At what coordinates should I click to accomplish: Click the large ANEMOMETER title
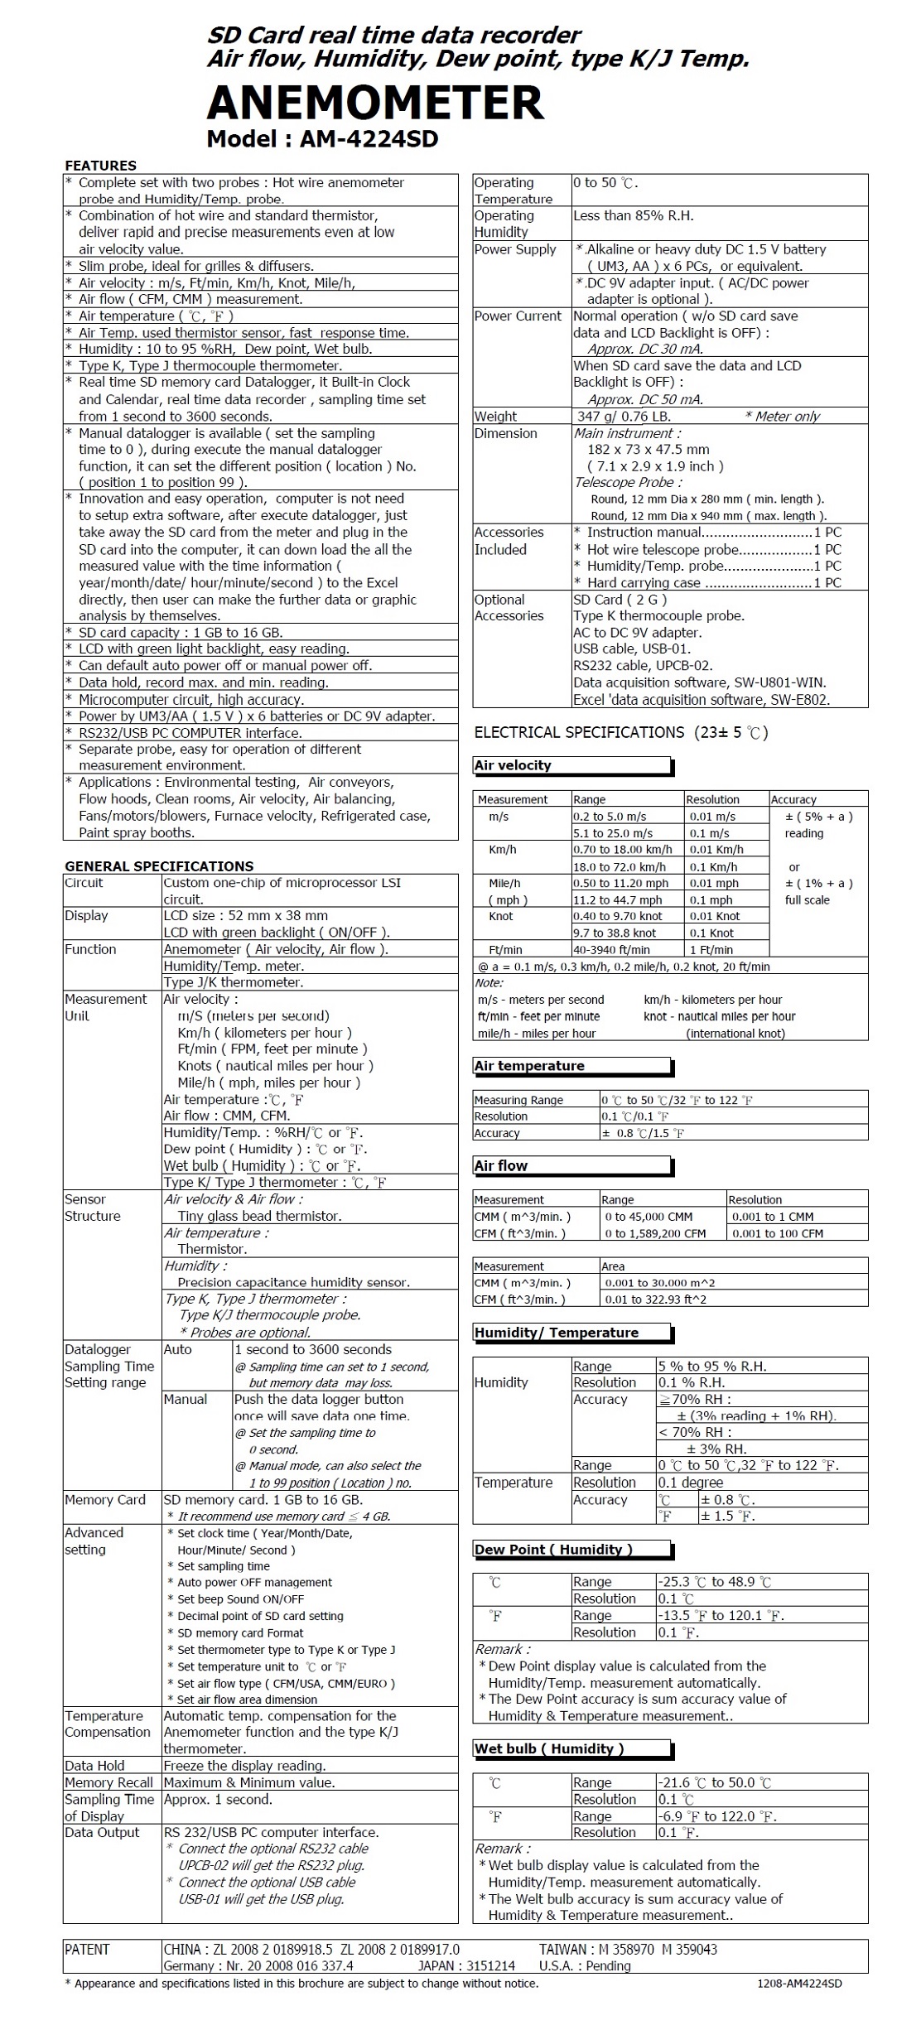tap(374, 103)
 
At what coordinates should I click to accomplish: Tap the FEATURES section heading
tap(100, 165)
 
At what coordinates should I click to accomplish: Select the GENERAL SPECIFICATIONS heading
tap(159, 866)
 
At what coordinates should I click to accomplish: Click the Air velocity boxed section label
tap(513, 765)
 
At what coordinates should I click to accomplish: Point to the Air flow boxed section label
tap(501, 1165)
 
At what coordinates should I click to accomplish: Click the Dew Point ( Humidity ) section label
tap(553, 1549)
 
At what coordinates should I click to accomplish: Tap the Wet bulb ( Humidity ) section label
tap(549, 1748)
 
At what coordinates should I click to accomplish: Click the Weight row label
tap(495, 417)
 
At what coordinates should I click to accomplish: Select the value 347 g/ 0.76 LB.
tap(624, 417)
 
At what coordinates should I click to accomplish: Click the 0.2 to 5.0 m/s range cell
tap(610, 817)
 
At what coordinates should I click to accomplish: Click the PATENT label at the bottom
tap(87, 1950)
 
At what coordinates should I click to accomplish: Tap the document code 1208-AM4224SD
tap(799, 1984)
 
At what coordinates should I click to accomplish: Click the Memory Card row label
tap(105, 1500)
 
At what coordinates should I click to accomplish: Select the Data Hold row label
tap(94, 1766)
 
